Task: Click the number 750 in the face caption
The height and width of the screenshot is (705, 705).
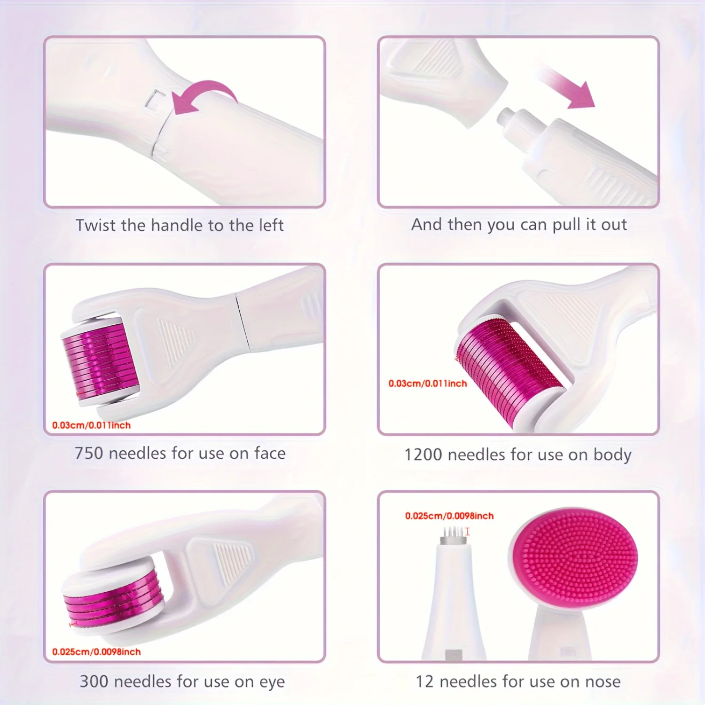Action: click(89, 454)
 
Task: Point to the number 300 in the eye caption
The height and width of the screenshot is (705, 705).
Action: click(94, 681)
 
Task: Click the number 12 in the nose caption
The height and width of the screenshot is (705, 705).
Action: click(425, 681)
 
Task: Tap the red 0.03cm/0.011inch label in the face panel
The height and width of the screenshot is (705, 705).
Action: click(91, 425)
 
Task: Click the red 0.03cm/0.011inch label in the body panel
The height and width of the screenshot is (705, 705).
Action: click(427, 384)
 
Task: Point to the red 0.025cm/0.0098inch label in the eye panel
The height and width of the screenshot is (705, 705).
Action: click(96, 652)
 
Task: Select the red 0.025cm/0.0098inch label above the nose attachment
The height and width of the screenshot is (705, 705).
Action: click(449, 516)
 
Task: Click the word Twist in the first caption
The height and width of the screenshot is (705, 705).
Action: click(95, 226)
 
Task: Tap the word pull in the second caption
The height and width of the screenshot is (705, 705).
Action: click(566, 225)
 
